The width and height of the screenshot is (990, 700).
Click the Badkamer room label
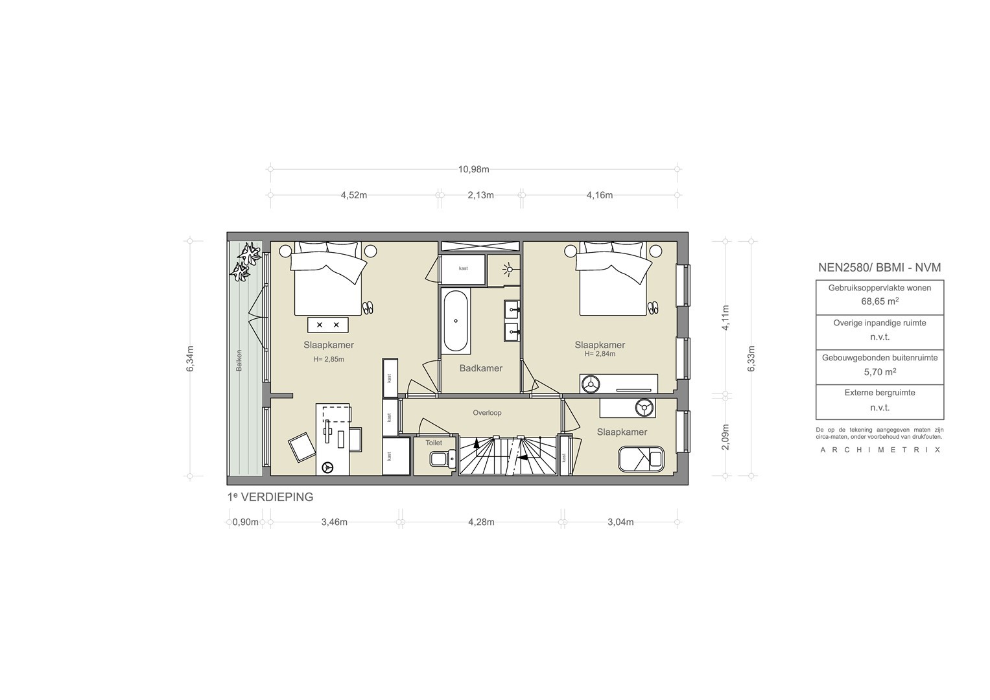point(481,368)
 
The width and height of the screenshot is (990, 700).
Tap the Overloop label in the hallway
point(487,413)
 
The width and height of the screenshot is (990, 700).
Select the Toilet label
point(434,442)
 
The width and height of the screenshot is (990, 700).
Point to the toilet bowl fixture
point(442,459)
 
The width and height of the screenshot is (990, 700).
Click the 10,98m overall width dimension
point(473,169)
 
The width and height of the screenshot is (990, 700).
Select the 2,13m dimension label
point(480,195)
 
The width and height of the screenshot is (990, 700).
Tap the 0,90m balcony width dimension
point(245,522)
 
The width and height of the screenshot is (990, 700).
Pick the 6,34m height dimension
point(190,358)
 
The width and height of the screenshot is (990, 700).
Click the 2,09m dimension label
point(725,437)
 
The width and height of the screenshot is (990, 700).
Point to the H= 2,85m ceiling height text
point(329,359)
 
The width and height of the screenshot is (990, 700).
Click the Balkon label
point(239,360)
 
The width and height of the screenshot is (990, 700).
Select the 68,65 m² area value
point(880,302)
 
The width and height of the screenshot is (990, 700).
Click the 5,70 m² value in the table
point(880,372)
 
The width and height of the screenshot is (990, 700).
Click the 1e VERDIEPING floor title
point(270,497)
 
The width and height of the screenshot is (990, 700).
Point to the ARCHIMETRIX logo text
point(880,450)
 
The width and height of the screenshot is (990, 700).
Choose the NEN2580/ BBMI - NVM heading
point(880,267)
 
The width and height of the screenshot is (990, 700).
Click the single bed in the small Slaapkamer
point(641,459)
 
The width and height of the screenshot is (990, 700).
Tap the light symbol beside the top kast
point(509,269)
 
